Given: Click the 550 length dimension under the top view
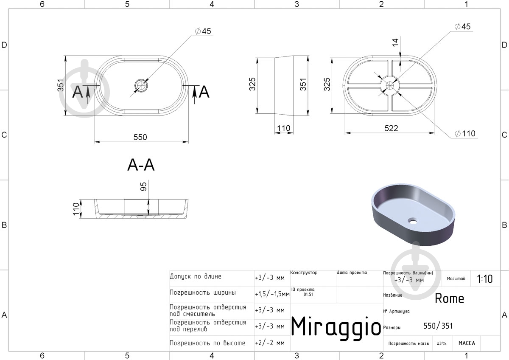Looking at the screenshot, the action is [x=140, y=137].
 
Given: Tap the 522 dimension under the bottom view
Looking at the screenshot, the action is [x=391, y=128].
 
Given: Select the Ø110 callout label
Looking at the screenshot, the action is [x=465, y=133].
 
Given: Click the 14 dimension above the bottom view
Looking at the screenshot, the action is [x=395, y=42].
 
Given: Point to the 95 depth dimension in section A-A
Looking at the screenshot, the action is [x=144, y=186].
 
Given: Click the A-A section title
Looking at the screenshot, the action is [x=141, y=165].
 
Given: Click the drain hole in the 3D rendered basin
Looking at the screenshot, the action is [x=412, y=220].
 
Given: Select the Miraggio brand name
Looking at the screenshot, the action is [x=336, y=327].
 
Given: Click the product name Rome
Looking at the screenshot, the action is [x=449, y=298].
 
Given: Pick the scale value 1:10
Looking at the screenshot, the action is [x=484, y=279].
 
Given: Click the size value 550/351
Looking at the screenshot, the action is [x=438, y=326].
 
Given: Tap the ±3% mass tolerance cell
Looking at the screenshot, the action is [x=442, y=343].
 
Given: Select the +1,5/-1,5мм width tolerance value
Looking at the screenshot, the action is [x=272, y=294].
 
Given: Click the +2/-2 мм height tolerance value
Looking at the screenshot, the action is [x=270, y=343].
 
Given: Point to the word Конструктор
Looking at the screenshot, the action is [x=304, y=273].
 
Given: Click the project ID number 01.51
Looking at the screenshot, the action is [x=308, y=295].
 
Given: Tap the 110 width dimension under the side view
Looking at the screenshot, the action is [x=284, y=129].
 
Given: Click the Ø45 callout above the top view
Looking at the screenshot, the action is [x=203, y=31].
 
